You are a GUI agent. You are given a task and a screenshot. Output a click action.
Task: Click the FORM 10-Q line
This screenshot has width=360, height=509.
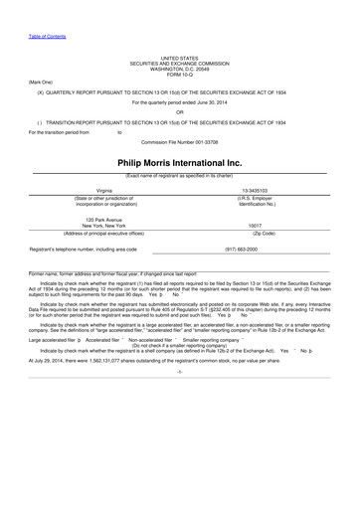pyautogui.click(x=180, y=75)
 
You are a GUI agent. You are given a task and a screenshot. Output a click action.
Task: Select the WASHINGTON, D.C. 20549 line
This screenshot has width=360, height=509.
pyautogui.click(x=180, y=70)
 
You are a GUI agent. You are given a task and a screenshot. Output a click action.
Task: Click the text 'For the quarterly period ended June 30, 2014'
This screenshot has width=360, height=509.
pyautogui.click(x=180, y=102)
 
